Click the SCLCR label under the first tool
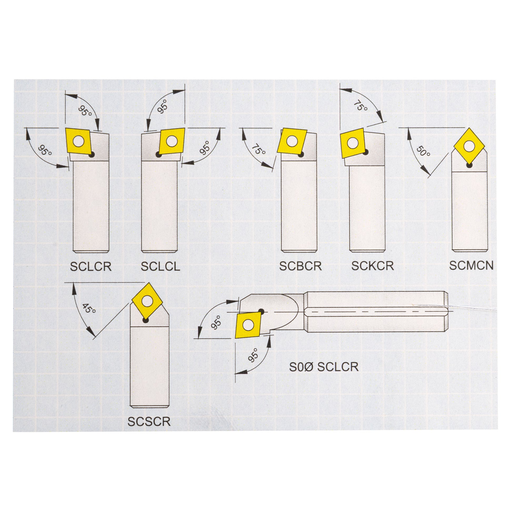[91, 267]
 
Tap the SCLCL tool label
[160, 267]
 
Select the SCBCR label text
[300, 266]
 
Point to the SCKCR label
[372, 266]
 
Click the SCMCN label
[471, 265]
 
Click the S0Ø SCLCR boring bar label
[324, 367]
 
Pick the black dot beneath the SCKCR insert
[365, 152]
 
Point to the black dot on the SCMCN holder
[469, 166]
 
